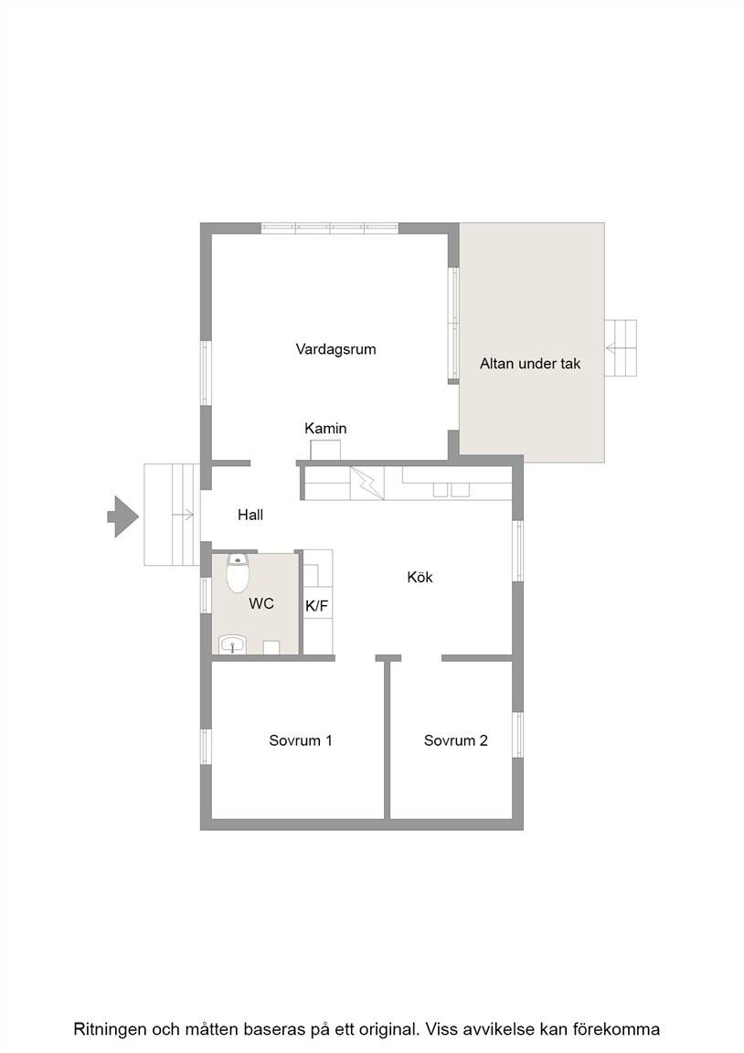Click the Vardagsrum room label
[335, 349]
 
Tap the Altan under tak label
[530, 363]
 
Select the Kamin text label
[325, 428]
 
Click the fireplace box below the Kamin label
[325, 450]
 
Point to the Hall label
[250, 516]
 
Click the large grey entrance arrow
[122, 516]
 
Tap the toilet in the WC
[237, 573]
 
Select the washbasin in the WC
[233, 644]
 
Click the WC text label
[261, 603]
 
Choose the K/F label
[317, 606]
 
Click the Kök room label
[420, 577]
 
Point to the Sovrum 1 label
[300, 740]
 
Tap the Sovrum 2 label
[455, 740]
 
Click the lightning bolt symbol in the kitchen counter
[367, 483]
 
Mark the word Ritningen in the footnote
[110, 1029]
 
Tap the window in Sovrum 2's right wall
[517, 735]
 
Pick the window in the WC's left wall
[207, 595]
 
